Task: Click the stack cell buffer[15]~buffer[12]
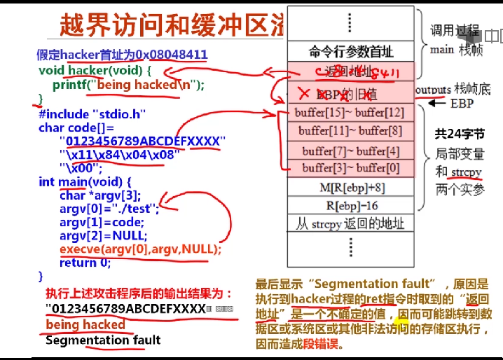click(x=351, y=113)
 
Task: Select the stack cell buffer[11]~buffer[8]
click(x=351, y=131)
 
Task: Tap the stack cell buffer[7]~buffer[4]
click(x=351, y=151)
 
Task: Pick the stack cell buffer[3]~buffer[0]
click(x=351, y=168)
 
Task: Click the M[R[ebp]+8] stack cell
click(x=351, y=187)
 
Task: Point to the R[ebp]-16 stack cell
click(x=351, y=205)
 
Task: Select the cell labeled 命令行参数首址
click(x=351, y=51)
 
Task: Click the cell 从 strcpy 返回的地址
click(x=351, y=223)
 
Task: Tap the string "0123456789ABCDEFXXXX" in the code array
click(x=143, y=140)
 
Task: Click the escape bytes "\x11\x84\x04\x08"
click(x=119, y=154)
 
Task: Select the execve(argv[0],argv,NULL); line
click(x=139, y=249)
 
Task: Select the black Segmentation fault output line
click(x=103, y=340)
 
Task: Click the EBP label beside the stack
click(x=462, y=104)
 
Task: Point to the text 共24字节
click(x=459, y=134)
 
